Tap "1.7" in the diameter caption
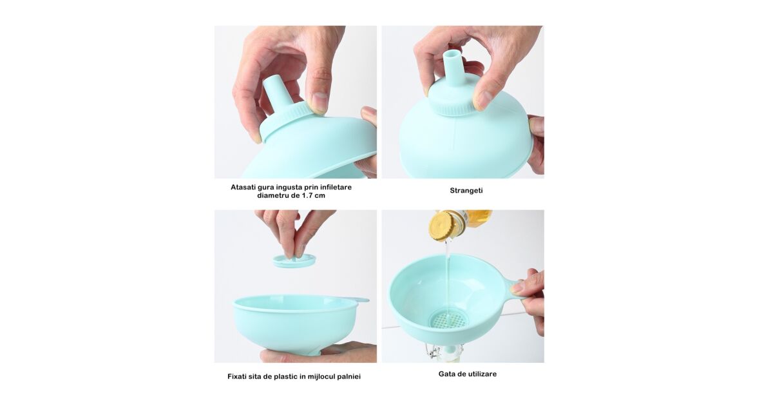point(307,195)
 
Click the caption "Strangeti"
point(466,191)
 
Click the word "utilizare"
point(482,374)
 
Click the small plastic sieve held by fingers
point(294,260)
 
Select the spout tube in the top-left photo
point(276,92)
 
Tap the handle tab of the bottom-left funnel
point(358,300)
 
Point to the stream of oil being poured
point(448,276)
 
